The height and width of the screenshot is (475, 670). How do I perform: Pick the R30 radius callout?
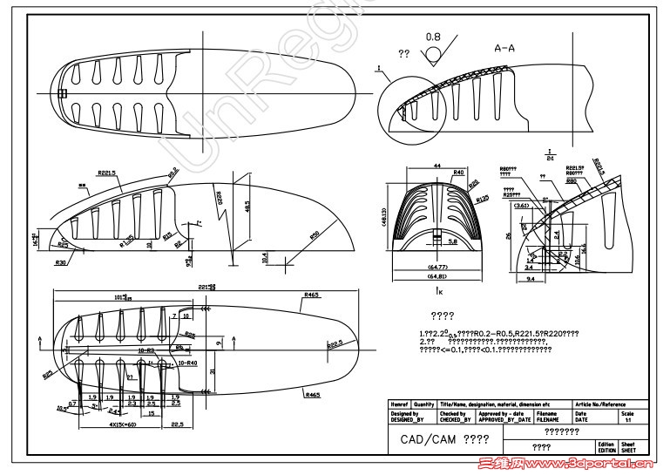(x=60, y=261)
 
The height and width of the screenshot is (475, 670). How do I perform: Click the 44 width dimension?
(x=437, y=165)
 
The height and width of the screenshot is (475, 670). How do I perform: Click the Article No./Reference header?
(x=599, y=404)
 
